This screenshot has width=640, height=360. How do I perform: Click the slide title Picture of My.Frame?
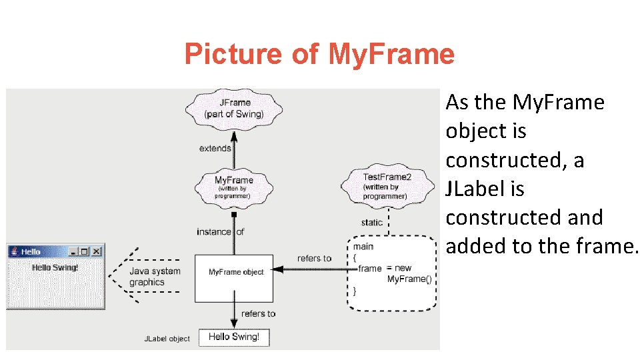pos(319,54)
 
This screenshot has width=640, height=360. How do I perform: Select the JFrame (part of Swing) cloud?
pos(234,108)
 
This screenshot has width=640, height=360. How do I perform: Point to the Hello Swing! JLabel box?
pos(234,337)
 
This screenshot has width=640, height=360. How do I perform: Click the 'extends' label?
pos(215,148)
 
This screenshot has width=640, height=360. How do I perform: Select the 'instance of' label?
pos(220,232)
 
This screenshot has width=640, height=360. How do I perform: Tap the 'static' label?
pos(371,223)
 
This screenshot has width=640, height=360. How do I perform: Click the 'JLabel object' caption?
pos(167,339)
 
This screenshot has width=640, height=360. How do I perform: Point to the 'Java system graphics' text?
pos(154,277)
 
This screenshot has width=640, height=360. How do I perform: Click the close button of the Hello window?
pos(97,251)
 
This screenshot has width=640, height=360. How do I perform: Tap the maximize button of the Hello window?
pos(85,251)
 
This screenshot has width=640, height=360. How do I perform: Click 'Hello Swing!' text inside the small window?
pos(55,267)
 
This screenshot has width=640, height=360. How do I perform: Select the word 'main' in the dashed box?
pos(364,247)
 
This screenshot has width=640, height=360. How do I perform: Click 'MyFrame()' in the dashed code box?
pos(409,279)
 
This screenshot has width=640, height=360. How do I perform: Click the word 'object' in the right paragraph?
pos(476,131)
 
